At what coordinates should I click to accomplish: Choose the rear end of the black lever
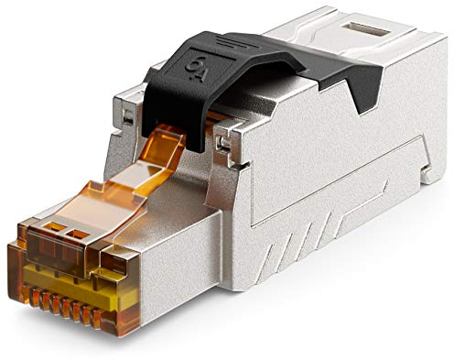(366, 78)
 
